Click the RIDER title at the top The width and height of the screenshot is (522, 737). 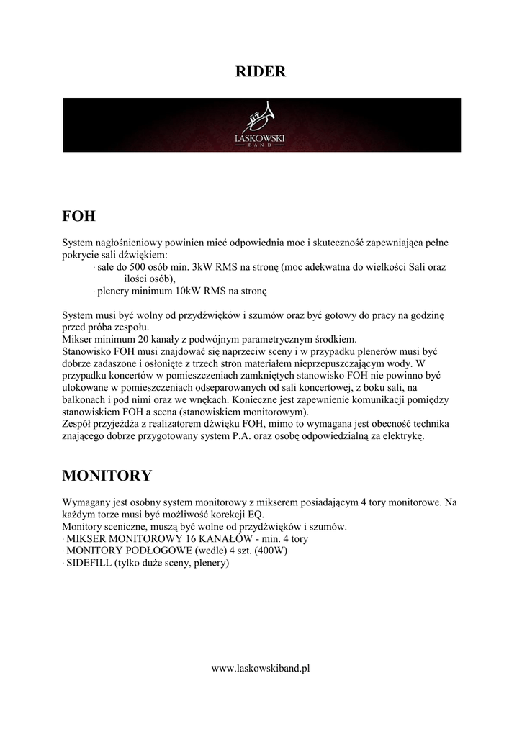coord(261,71)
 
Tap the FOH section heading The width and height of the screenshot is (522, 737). coord(79,216)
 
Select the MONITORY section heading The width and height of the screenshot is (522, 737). coord(107,476)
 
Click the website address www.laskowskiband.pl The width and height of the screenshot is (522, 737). coord(261,668)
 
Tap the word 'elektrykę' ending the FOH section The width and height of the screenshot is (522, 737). coord(404,437)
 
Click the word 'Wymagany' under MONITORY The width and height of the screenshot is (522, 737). coord(86,502)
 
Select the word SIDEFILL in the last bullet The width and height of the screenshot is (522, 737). coord(89,564)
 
